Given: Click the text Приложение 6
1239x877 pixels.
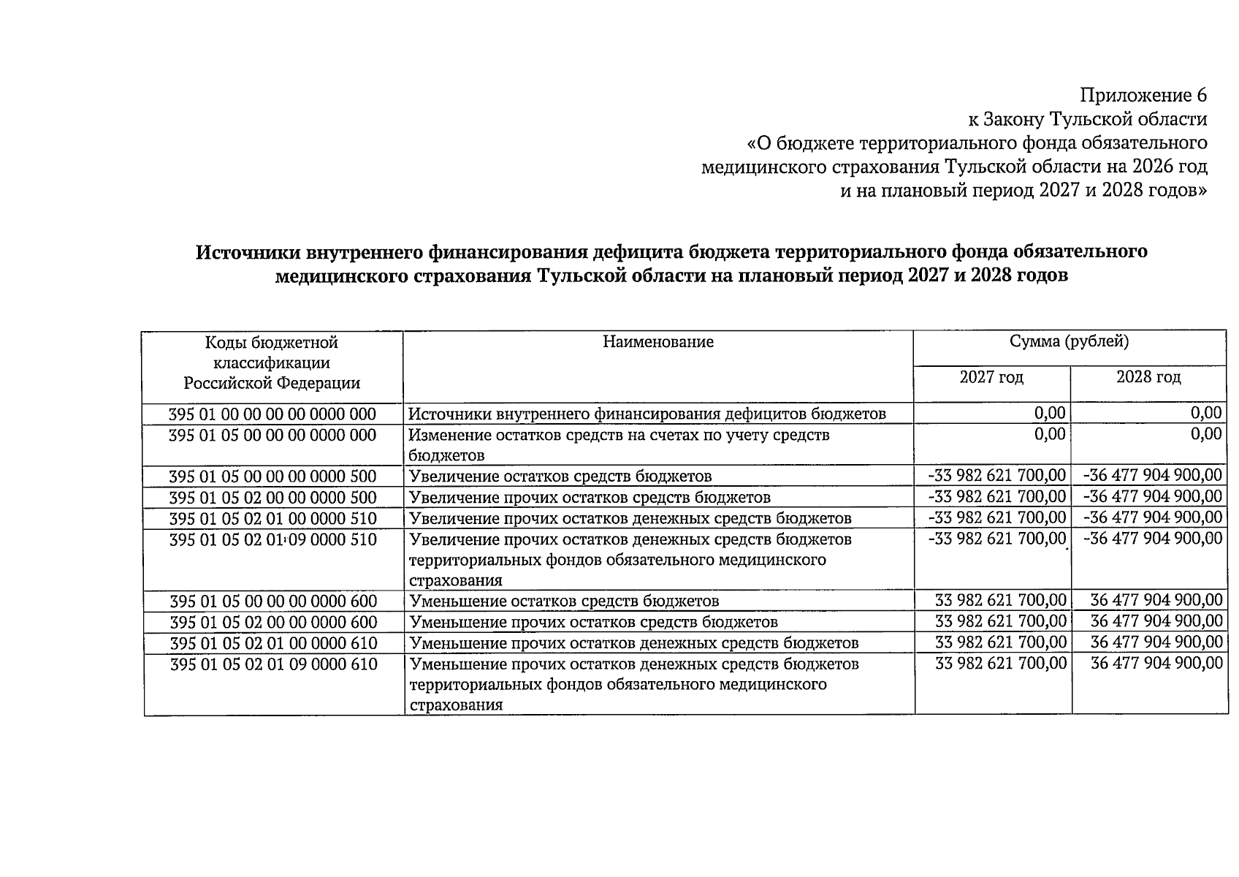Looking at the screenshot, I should click(1143, 96).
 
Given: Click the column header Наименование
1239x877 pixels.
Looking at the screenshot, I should click(657, 342).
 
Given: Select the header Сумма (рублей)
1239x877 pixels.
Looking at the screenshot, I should click(1069, 341).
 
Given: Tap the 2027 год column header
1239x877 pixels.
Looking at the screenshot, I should click(991, 377).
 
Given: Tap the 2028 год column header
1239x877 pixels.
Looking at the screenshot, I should click(1148, 377).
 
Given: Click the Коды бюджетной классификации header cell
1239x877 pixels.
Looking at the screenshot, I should click(272, 362).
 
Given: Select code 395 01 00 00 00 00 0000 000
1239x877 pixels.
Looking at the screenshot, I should click(272, 414).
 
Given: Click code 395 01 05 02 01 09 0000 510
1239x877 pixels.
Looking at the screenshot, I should click(272, 540).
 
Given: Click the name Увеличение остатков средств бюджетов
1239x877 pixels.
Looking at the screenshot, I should click(560, 477).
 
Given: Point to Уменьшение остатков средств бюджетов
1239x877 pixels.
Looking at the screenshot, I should click(564, 601).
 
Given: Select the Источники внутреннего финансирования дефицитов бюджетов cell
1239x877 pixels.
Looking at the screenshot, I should click(647, 414).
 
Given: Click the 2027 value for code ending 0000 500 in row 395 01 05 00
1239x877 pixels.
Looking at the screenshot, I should click(996, 476).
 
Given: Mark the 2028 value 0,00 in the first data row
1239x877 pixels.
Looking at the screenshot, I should click(1205, 413).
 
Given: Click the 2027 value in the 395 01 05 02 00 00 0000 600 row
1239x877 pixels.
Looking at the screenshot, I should click(1000, 622).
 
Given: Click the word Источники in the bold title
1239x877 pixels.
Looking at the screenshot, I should click(246, 252).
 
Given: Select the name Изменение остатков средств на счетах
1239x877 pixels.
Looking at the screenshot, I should click(619, 436).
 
